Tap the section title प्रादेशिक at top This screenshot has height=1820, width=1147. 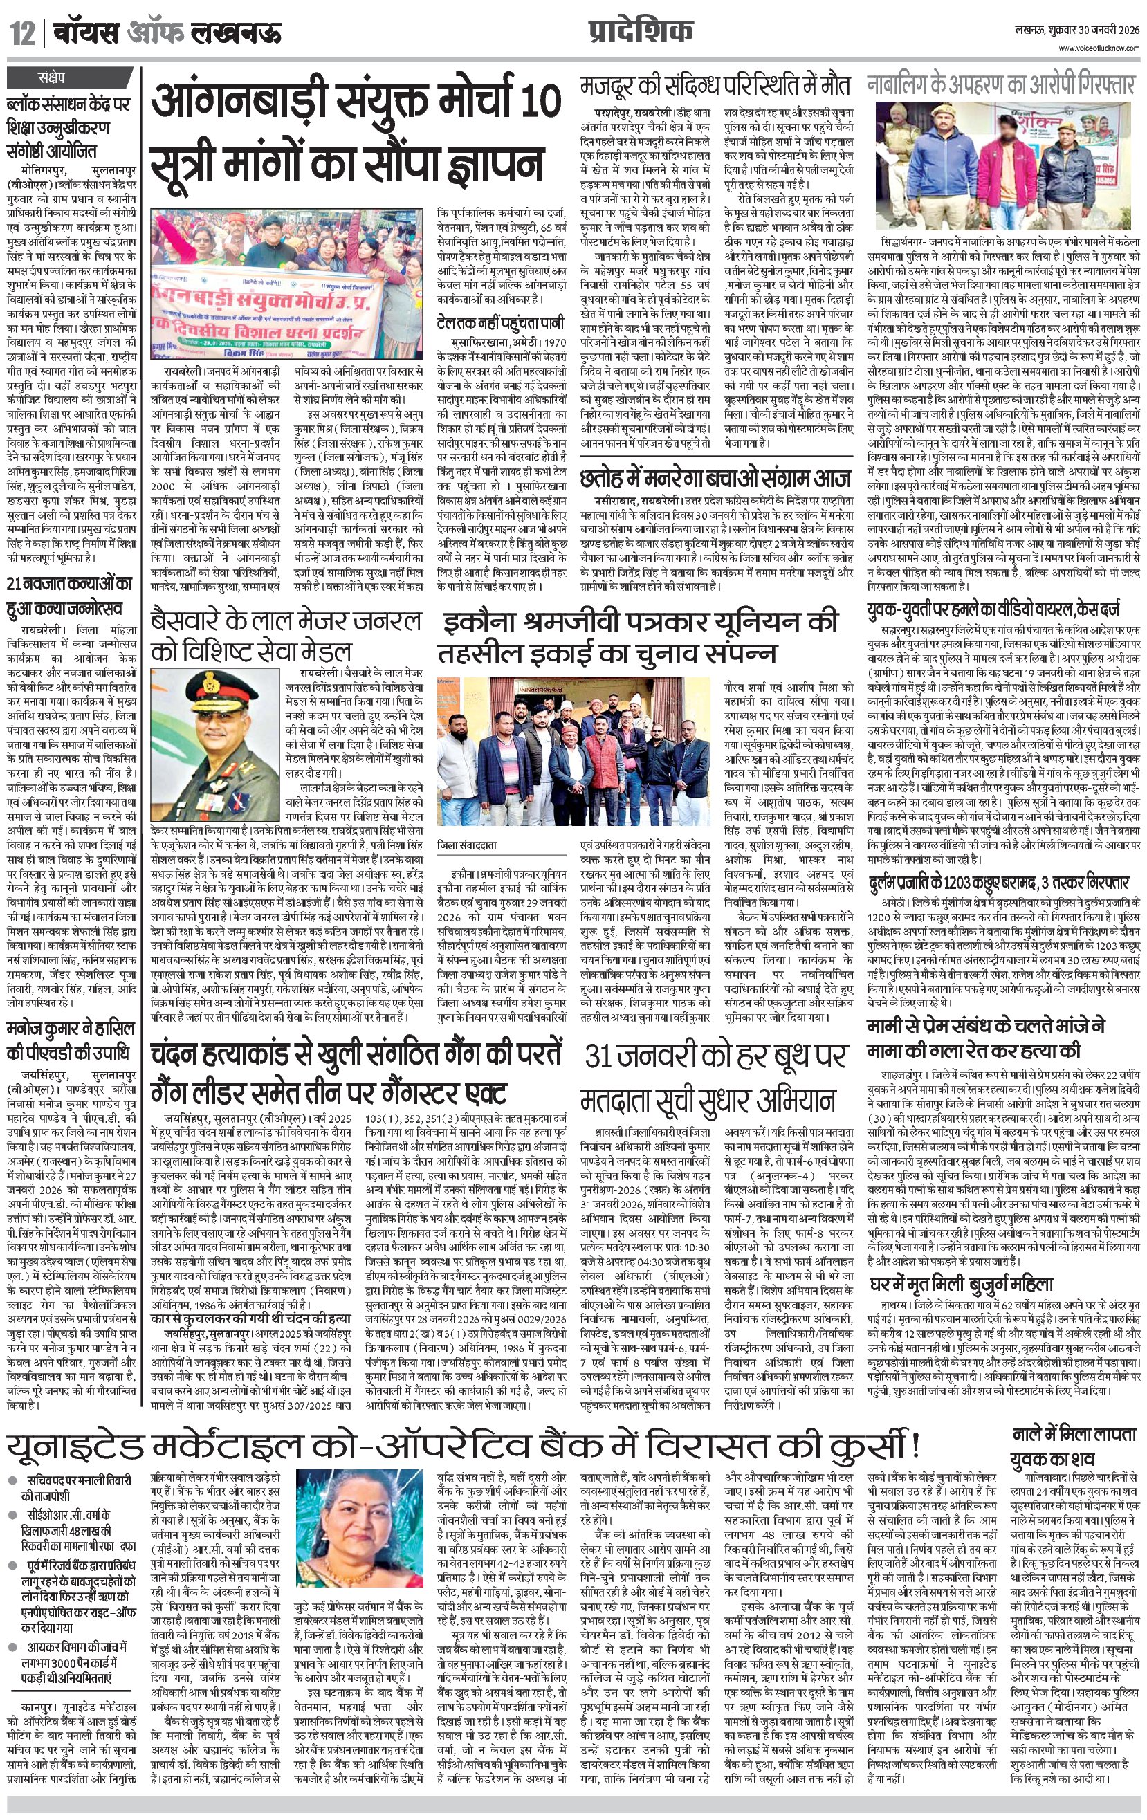[641, 31]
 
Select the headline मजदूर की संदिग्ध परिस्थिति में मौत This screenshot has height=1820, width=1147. [715, 84]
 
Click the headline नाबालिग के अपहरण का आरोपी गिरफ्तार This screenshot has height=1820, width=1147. [1001, 84]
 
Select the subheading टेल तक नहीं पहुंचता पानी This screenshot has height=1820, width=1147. [499, 322]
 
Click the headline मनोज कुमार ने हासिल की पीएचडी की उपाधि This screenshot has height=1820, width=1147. [71, 1040]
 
